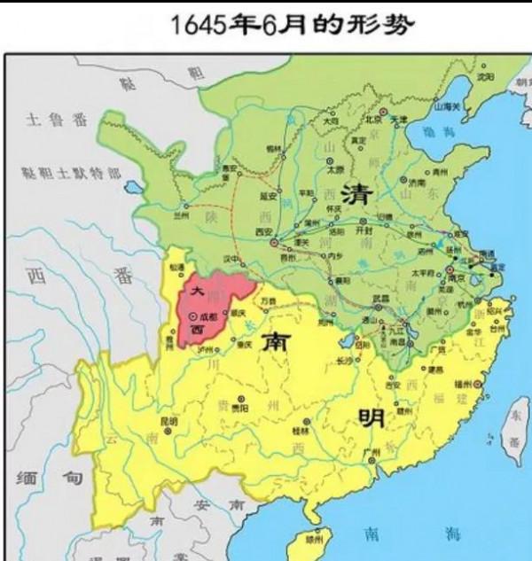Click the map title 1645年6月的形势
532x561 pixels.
click(x=293, y=24)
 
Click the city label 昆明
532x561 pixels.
click(x=168, y=420)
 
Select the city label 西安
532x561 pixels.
click(x=263, y=231)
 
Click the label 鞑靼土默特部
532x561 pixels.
click(x=65, y=175)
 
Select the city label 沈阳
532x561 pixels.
click(x=484, y=77)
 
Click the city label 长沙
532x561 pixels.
click(x=345, y=358)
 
